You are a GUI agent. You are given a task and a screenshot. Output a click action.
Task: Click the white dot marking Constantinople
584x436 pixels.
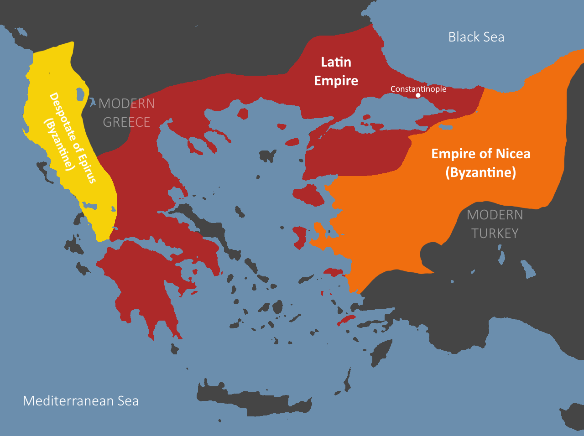pyautogui.click(x=418, y=95)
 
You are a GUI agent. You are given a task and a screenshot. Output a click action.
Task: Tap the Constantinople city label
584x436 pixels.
pyautogui.click(x=418, y=89)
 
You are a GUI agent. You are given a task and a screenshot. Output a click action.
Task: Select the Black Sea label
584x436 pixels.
pyautogui.click(x=476, y=37)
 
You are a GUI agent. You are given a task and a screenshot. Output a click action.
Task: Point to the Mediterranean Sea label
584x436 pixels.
pyautogui.click(x=81, y=401)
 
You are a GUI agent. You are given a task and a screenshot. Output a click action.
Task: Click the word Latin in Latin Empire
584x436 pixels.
pyautogui.click(x=336, y=62)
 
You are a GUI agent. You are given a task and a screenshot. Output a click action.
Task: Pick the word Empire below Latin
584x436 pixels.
pyautogui.click(x=336, y=81)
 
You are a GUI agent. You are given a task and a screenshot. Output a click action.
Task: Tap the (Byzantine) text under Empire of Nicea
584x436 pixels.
pyautogui.click(x=480, y=172)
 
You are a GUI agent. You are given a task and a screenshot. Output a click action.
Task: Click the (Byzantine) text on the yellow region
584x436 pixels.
pyautogui.click(x=59, y=145)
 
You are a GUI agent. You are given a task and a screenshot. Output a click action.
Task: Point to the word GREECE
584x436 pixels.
pyautogui.click(x=126, y=122)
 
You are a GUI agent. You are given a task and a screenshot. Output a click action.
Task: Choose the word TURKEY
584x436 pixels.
pyautogui.click(x=495, y=234)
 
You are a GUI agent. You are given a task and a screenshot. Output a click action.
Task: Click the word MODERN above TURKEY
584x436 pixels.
pyautogui.click(x=495, y=215)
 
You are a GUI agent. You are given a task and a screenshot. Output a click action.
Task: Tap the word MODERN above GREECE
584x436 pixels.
pyautogui.click(x=127, y=104)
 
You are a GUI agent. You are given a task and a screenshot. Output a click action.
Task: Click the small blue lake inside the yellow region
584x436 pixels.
pyautogui.click(x=81, y=94)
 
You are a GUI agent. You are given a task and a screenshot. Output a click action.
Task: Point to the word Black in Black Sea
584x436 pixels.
pyautogui.click(x=462, y=37)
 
